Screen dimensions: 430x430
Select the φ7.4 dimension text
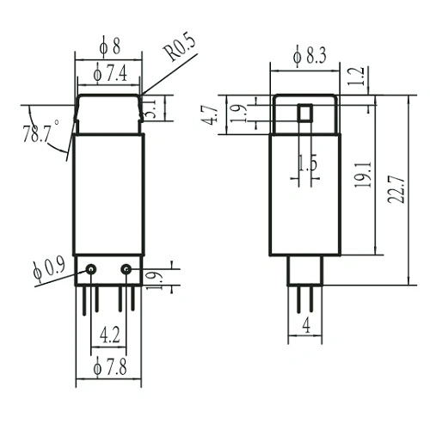tap(110, 75)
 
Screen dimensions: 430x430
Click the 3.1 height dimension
tap(150, 109)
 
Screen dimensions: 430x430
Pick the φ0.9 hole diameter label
tap(48, 267)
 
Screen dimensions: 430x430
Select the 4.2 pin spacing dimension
tap(109, 333)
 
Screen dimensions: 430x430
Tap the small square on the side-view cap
tap(304, 113)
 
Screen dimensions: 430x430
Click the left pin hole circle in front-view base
tap(91, 270)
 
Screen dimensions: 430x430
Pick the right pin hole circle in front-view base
tap(126, 270)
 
